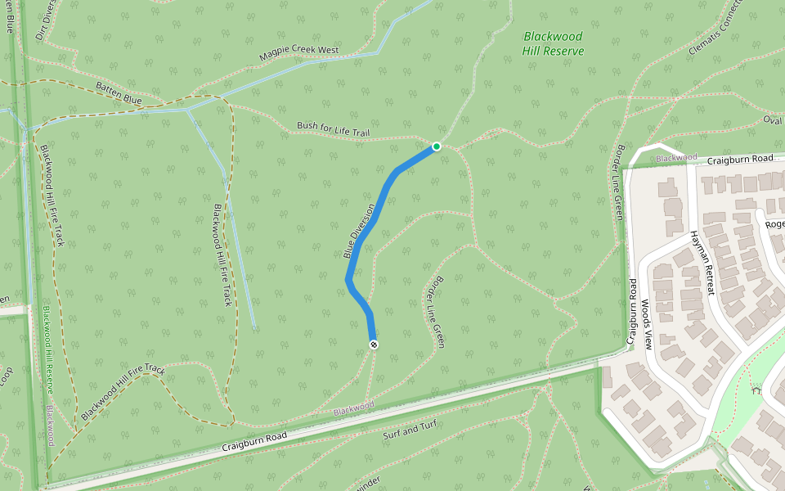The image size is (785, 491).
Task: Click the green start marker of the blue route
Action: pyautogui.click(x=437, y=146)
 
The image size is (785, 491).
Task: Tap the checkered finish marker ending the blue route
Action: pyautogui.click(x=374, y=345)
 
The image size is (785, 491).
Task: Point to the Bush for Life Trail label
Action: pyautogui.click(x=334, y=129)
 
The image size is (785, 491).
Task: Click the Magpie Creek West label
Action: pyautogui.click(x=298, y=55)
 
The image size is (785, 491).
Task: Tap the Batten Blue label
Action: pyautogui.click(x=119, y=93)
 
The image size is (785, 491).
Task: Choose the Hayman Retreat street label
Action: pyautogui.click(x=702, y=262)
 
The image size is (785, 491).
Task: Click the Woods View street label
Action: pyautogui.click(x=646, y=325)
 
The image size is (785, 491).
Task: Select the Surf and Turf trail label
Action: pyautogui.click(x=411, y=430)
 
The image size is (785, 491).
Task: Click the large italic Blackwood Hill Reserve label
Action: pyautogui.click(x=553, y=43)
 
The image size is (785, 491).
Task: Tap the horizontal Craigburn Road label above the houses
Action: pyautogui.click(x=740, y=158)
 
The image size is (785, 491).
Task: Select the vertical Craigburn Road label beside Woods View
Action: pyautogui.click(x=631, y=309)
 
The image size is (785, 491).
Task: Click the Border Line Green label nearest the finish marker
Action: pyautogui.click(x=433, y=316)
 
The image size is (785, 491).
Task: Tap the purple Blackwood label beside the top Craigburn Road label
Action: pyautogui.click(x=675, y=157)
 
